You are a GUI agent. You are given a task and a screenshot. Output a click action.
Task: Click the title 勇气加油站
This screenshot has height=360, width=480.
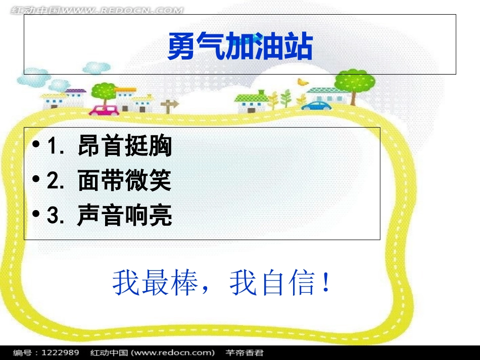(240, 46)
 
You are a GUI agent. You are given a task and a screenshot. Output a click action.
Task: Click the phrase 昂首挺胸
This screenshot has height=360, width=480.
(125, 146)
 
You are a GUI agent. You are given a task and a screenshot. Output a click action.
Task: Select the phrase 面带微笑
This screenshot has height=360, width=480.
(125, 181)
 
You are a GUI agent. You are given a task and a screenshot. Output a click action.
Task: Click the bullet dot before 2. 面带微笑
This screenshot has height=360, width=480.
(35, 180)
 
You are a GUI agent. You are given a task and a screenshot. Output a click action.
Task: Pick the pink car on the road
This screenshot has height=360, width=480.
(104, 110)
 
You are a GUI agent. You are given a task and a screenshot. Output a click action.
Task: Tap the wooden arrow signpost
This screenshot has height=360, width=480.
(169, 105)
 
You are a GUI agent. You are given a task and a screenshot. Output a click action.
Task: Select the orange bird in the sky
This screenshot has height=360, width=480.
(303, 81)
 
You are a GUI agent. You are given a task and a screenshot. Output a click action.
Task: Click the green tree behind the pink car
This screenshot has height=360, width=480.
(105, 91)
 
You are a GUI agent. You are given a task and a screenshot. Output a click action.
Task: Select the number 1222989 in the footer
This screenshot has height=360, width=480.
(60, 352)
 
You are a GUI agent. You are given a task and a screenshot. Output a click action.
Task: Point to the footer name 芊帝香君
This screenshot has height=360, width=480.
(245, 352)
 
